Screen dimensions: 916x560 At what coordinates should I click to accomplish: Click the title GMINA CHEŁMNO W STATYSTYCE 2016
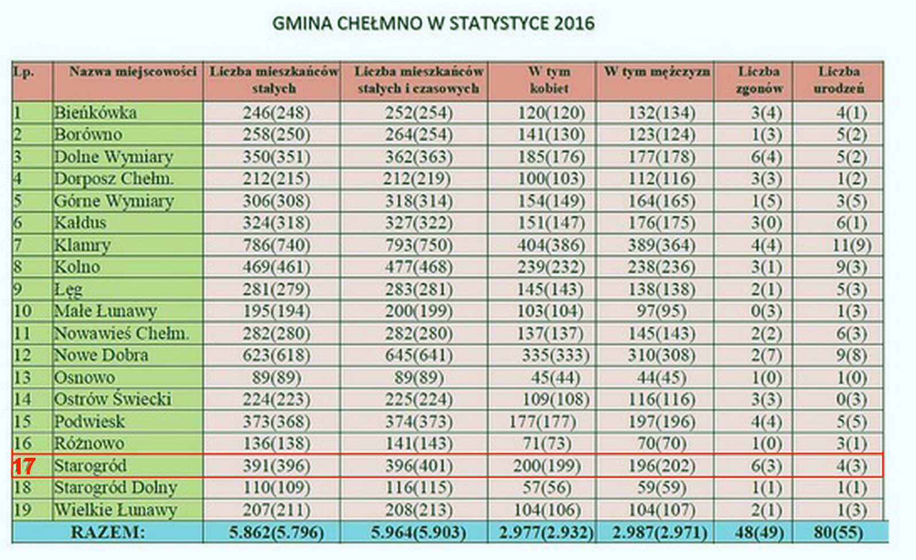[x=433, y=24]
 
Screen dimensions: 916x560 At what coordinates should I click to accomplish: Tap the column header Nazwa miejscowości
[x=133, y=72]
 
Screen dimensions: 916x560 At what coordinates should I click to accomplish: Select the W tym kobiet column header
[x=549, y=80]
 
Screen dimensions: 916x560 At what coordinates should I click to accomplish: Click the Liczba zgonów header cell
[x=759, y=80]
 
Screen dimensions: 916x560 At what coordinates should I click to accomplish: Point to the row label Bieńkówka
[x=95, y=113]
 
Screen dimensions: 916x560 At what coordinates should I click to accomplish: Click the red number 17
[x=24, y=466]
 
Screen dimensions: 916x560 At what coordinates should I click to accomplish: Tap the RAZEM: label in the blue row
[x=108, y=532]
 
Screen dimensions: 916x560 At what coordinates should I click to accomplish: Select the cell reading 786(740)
[x=277, y=245]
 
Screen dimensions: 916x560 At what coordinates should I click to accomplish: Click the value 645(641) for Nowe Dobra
[x=419, y=356]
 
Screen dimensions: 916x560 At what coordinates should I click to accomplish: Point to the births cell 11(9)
[x=852, y=245]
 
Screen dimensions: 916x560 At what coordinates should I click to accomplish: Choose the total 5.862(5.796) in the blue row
[x=277, y=532]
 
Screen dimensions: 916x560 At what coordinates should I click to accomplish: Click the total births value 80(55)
[x=839, y=532]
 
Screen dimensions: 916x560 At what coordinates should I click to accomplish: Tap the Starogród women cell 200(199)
[x=547, y=466]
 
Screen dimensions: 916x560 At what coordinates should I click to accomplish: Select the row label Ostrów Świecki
[x=113, y=399]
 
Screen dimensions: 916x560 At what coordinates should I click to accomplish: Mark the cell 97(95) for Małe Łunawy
[x=661, y=311]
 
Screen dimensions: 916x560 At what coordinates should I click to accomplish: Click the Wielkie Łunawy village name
[x=116, y=510]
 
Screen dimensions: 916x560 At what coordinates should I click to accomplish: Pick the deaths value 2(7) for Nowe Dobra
[x=766, y=356]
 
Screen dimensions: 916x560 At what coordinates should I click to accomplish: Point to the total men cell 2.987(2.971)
[x=659, y=532]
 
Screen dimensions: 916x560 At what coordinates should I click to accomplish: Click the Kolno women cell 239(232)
[x=550, y=267]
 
